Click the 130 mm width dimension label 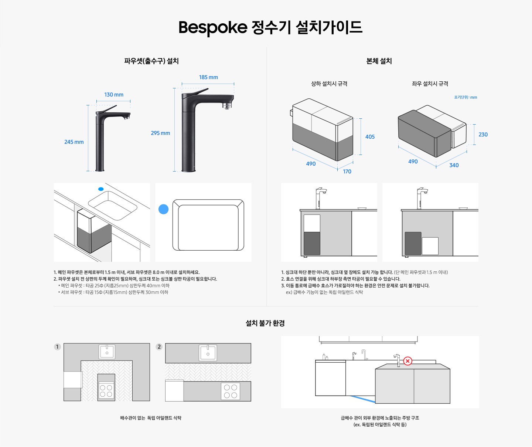click(x=114, y=95)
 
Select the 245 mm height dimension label click(x=74, y=142)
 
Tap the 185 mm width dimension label click(x=208, y=77)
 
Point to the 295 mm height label click(x=160, y=133)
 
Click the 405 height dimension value click(x=370, y=137)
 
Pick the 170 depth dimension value click(x=347, y=172)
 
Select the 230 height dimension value click(x=483, y=135)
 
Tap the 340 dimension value click(x=454, y=165)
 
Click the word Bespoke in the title click(x=212, y=27)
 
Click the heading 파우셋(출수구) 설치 click(x=151, y=61)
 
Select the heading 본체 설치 click(x=379, y=61)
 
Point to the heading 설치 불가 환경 click(x=265, y=323)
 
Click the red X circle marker click(x=407, y=361)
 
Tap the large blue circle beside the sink click(x=163, y=209)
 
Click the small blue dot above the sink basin click(x=101, y=189)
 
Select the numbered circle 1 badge click(x=57, y=347)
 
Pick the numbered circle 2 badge click(x=159, y=347)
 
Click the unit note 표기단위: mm click(x=465, y=97)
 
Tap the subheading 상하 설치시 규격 click(x=329, y=84)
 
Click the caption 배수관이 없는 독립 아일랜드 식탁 click(x=151, y=418)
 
